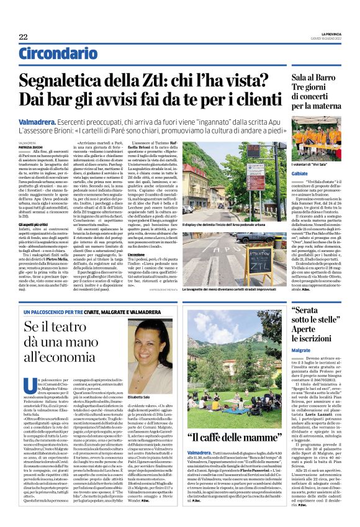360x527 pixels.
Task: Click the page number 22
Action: [23, 37]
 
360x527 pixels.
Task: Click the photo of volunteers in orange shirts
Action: [317, 140]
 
